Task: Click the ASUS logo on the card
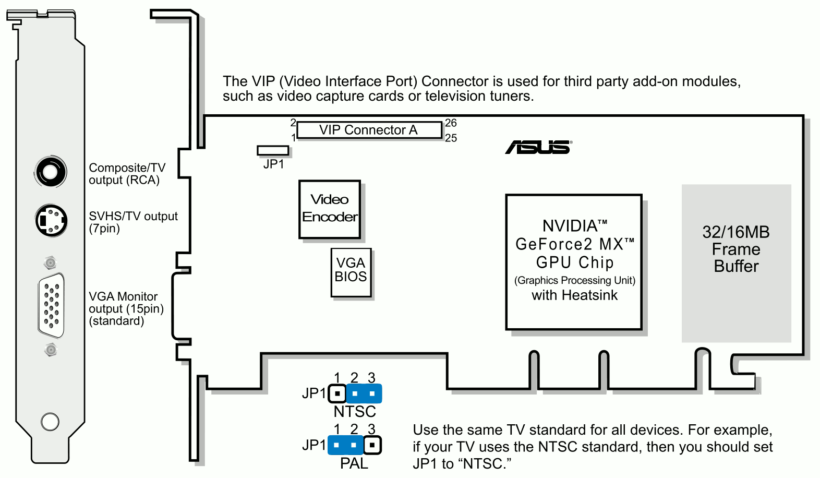(x=538, y=147)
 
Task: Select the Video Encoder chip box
(x=330, y=209)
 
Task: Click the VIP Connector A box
(x=369, y=130)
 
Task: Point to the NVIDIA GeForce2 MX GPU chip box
(x=574, y=262)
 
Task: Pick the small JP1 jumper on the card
(x=273, y=150)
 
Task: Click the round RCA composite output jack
(x=51, y=172)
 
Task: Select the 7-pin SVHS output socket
(x=51, y=220)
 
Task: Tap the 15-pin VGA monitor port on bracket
(x=51, y=306)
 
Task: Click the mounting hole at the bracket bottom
(x=50, y=421)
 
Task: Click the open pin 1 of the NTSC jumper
(x=337, y=393)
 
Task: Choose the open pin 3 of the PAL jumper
(x=372, y=445)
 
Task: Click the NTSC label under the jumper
(x=355, y=412)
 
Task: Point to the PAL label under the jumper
(x=354, y=463)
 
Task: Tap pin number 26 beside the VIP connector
(x=451, y=123)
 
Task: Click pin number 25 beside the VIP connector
(x=451, y=138)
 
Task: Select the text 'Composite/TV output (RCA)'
(x=127, y=174)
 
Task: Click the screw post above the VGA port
(x=51, y=262)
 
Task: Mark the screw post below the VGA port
(x=51, y=350)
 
